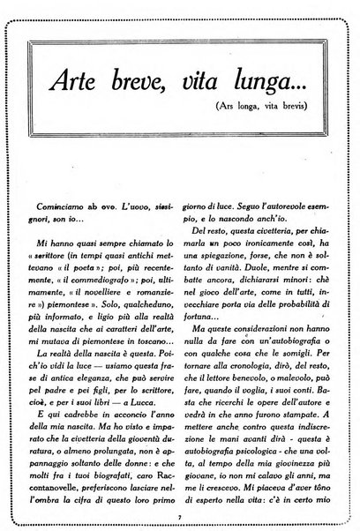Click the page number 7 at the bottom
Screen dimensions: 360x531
pyautogui.click(x=180, y=516)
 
